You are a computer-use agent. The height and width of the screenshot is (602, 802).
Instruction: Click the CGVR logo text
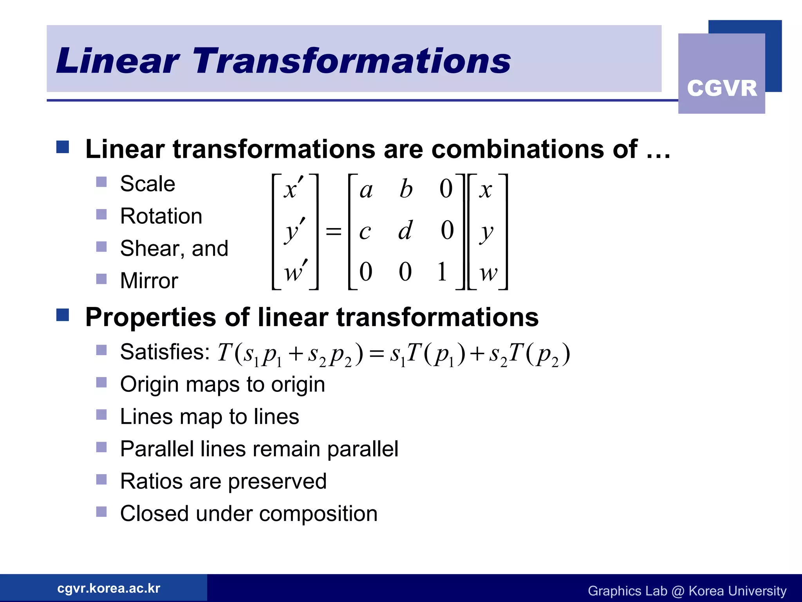722,88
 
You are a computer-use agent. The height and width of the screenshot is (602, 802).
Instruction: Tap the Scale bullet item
147,184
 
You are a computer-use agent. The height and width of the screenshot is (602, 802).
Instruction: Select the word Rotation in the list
161,216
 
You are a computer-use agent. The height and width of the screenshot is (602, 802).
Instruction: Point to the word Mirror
149,281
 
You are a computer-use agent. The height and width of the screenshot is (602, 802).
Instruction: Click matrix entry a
366,190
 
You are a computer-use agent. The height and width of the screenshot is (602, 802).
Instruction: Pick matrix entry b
406,189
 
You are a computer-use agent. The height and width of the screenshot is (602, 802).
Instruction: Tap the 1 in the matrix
442,272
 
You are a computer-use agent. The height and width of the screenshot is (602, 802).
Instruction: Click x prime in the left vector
293,189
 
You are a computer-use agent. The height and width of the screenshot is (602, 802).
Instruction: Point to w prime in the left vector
295,271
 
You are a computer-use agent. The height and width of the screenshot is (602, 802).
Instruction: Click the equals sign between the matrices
334,231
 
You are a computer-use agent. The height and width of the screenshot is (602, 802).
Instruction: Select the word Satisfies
165,352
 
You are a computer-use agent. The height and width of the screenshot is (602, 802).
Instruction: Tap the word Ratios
151,482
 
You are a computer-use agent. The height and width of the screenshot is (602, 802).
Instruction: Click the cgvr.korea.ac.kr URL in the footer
108,588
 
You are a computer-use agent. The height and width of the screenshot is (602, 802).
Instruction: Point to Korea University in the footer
737,591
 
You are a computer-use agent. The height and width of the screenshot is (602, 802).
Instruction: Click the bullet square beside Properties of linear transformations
63,315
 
